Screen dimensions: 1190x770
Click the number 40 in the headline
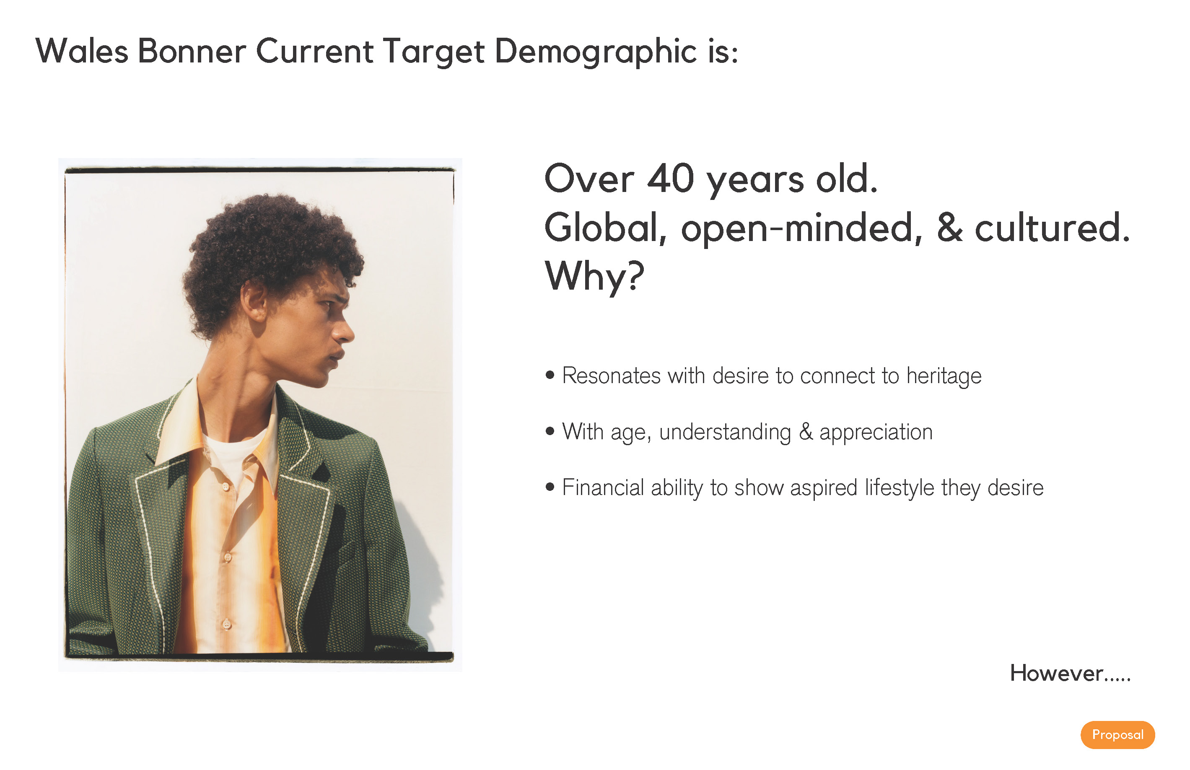671,179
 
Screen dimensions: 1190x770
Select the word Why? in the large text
594,275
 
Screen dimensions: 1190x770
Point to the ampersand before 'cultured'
949,228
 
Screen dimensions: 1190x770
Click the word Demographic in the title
596,52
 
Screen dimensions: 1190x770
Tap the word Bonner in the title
192,51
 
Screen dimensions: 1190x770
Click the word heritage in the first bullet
944,376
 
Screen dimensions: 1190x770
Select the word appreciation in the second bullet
876,432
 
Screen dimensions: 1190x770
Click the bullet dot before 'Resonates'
550,375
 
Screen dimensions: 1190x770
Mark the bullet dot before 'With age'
550,431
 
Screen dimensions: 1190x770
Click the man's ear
254,301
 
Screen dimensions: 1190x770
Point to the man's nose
344,330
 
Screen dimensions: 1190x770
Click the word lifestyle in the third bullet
900,488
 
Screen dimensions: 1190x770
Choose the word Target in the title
434,52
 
